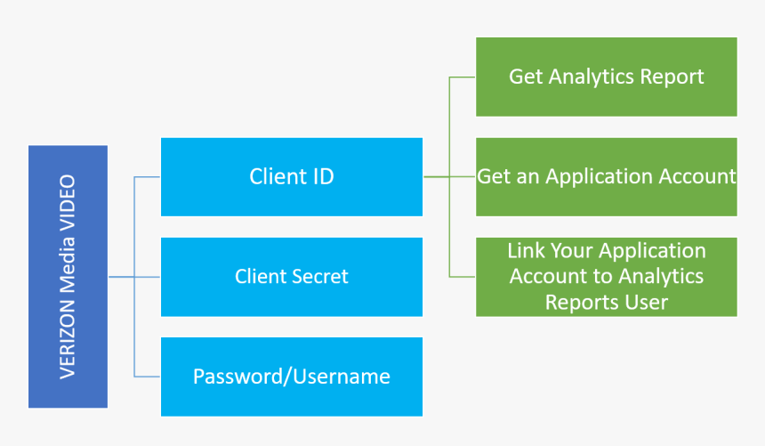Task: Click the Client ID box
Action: tap(292, 177)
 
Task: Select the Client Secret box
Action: tap(292, 277)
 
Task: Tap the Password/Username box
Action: tap(292, 377)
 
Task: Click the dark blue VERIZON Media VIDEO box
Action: tap(68, 277)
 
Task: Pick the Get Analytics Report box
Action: tap(607, 77)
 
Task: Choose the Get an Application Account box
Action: tap(607, 177)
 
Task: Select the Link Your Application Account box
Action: tap(607, 277)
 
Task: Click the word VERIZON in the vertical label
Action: tap(68, 339)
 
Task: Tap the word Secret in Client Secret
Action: tap(320, 277)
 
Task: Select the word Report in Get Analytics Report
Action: tap(672, 77)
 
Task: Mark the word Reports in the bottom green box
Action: tap(576, 303)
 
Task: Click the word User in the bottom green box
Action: tap(640, 303)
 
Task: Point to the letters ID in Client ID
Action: tap(323, 176)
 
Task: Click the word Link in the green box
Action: tap(526, 251)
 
